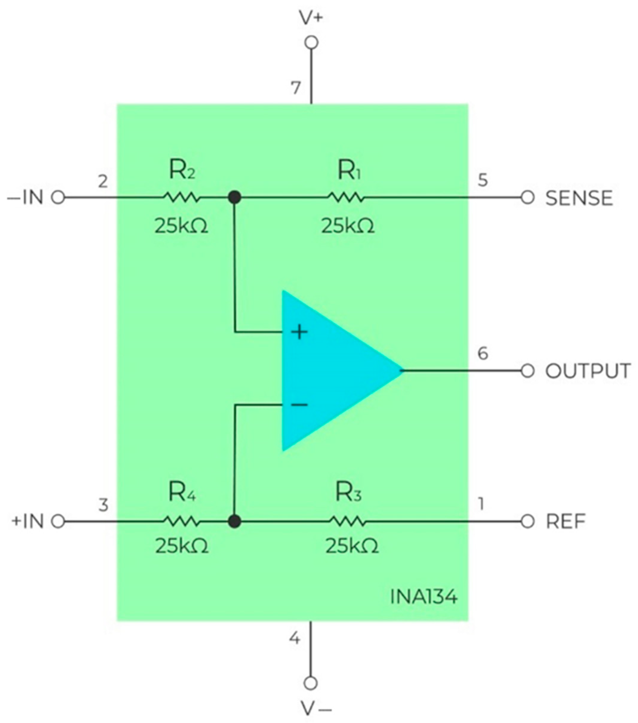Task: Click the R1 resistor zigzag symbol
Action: click(x=345, y=198)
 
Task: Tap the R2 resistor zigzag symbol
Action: click(x=181, y=198)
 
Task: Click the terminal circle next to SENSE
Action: click(x=527, y=198)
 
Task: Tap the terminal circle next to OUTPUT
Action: click(x=527, y=371)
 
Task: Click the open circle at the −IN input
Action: click(x=58, y=198)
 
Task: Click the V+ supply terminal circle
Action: click(x=311, y=42)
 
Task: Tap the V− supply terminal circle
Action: click(x=311, y=683)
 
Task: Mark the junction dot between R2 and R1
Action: click(x=235, y=198)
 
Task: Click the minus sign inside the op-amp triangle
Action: click(x=299, y=404)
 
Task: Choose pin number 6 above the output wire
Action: click(x=483, y=353)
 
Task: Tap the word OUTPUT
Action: click(x=588, y=371)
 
